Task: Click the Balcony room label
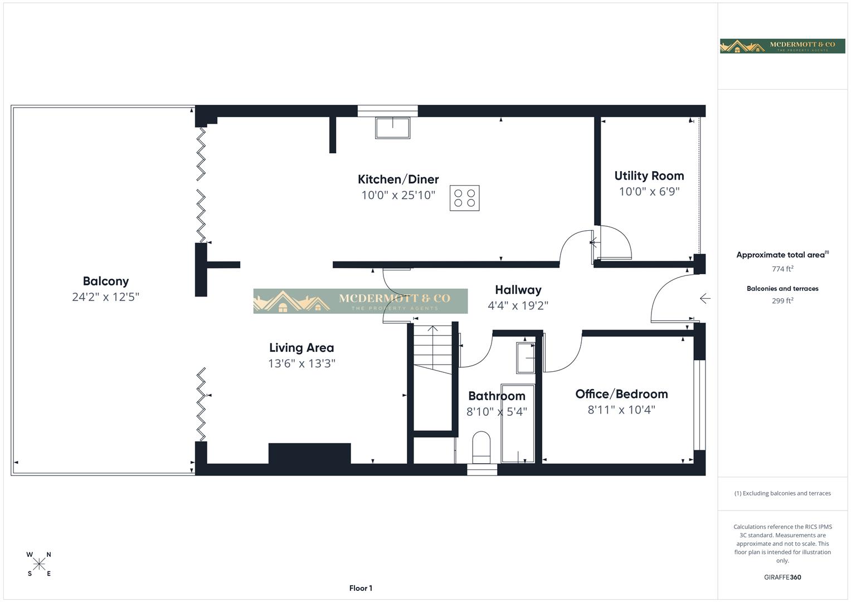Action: pos(105,281)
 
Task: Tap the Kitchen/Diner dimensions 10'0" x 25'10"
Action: pos(398,195)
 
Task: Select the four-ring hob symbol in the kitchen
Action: pos(464,198)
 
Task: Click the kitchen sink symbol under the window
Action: pos(392,128)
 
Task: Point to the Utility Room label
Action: pos(649,176)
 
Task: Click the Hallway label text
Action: pos(518,290)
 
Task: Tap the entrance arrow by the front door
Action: pos(705,299)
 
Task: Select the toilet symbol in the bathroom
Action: pos(481,448)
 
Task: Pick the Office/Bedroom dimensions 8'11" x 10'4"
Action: pos(621,410)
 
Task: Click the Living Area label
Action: pos(302,348)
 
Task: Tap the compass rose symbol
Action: pos(39,564)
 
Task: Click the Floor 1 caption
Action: pos(361,588)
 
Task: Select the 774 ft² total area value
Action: pos(782,269)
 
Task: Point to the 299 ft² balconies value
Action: pos(782,300)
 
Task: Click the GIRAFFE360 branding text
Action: pos(782,577)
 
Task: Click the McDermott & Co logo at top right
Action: pos(782,46)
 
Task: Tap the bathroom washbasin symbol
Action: pos(525,357)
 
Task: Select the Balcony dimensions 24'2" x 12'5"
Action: pos(105,297)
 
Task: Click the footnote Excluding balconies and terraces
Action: pos(782,493)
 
